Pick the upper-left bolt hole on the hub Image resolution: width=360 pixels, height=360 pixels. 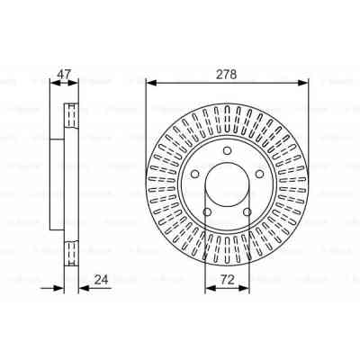click(194, 174)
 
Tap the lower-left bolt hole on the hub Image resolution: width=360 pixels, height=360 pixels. click(207, 212)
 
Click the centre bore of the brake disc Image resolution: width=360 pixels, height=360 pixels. click(227, 184)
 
